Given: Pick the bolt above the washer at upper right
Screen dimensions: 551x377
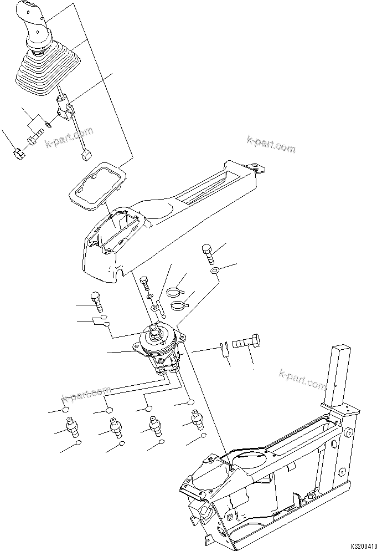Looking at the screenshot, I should tap(209, 254).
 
